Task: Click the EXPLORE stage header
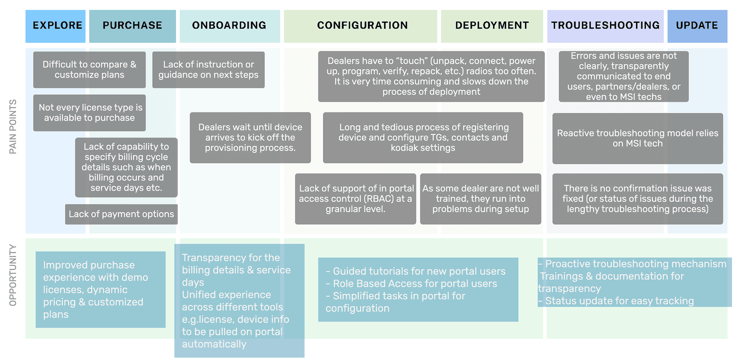(55, 26)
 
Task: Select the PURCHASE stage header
(132, 26)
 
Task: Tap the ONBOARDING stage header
(230, 26)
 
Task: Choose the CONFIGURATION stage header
(361, 26)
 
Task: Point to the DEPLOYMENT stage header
(492, 26)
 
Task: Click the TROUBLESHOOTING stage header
(605, 26)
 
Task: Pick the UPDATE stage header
(697, 26)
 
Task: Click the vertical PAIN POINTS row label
(13, 127)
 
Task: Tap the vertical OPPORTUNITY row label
(13, 275)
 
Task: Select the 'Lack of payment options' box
(121, 214)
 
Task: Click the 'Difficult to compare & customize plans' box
(89, 70)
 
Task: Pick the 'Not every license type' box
(89, 113)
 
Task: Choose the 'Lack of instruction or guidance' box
(208, 70)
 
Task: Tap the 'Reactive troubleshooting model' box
(638, 138)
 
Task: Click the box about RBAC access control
(356, 199)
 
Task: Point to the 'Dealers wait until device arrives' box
(250, 137)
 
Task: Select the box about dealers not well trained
(481, 199)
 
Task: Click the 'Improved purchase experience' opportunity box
(100, 290)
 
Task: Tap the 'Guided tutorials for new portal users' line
(416, 271)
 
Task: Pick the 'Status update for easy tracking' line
(616, 301)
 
